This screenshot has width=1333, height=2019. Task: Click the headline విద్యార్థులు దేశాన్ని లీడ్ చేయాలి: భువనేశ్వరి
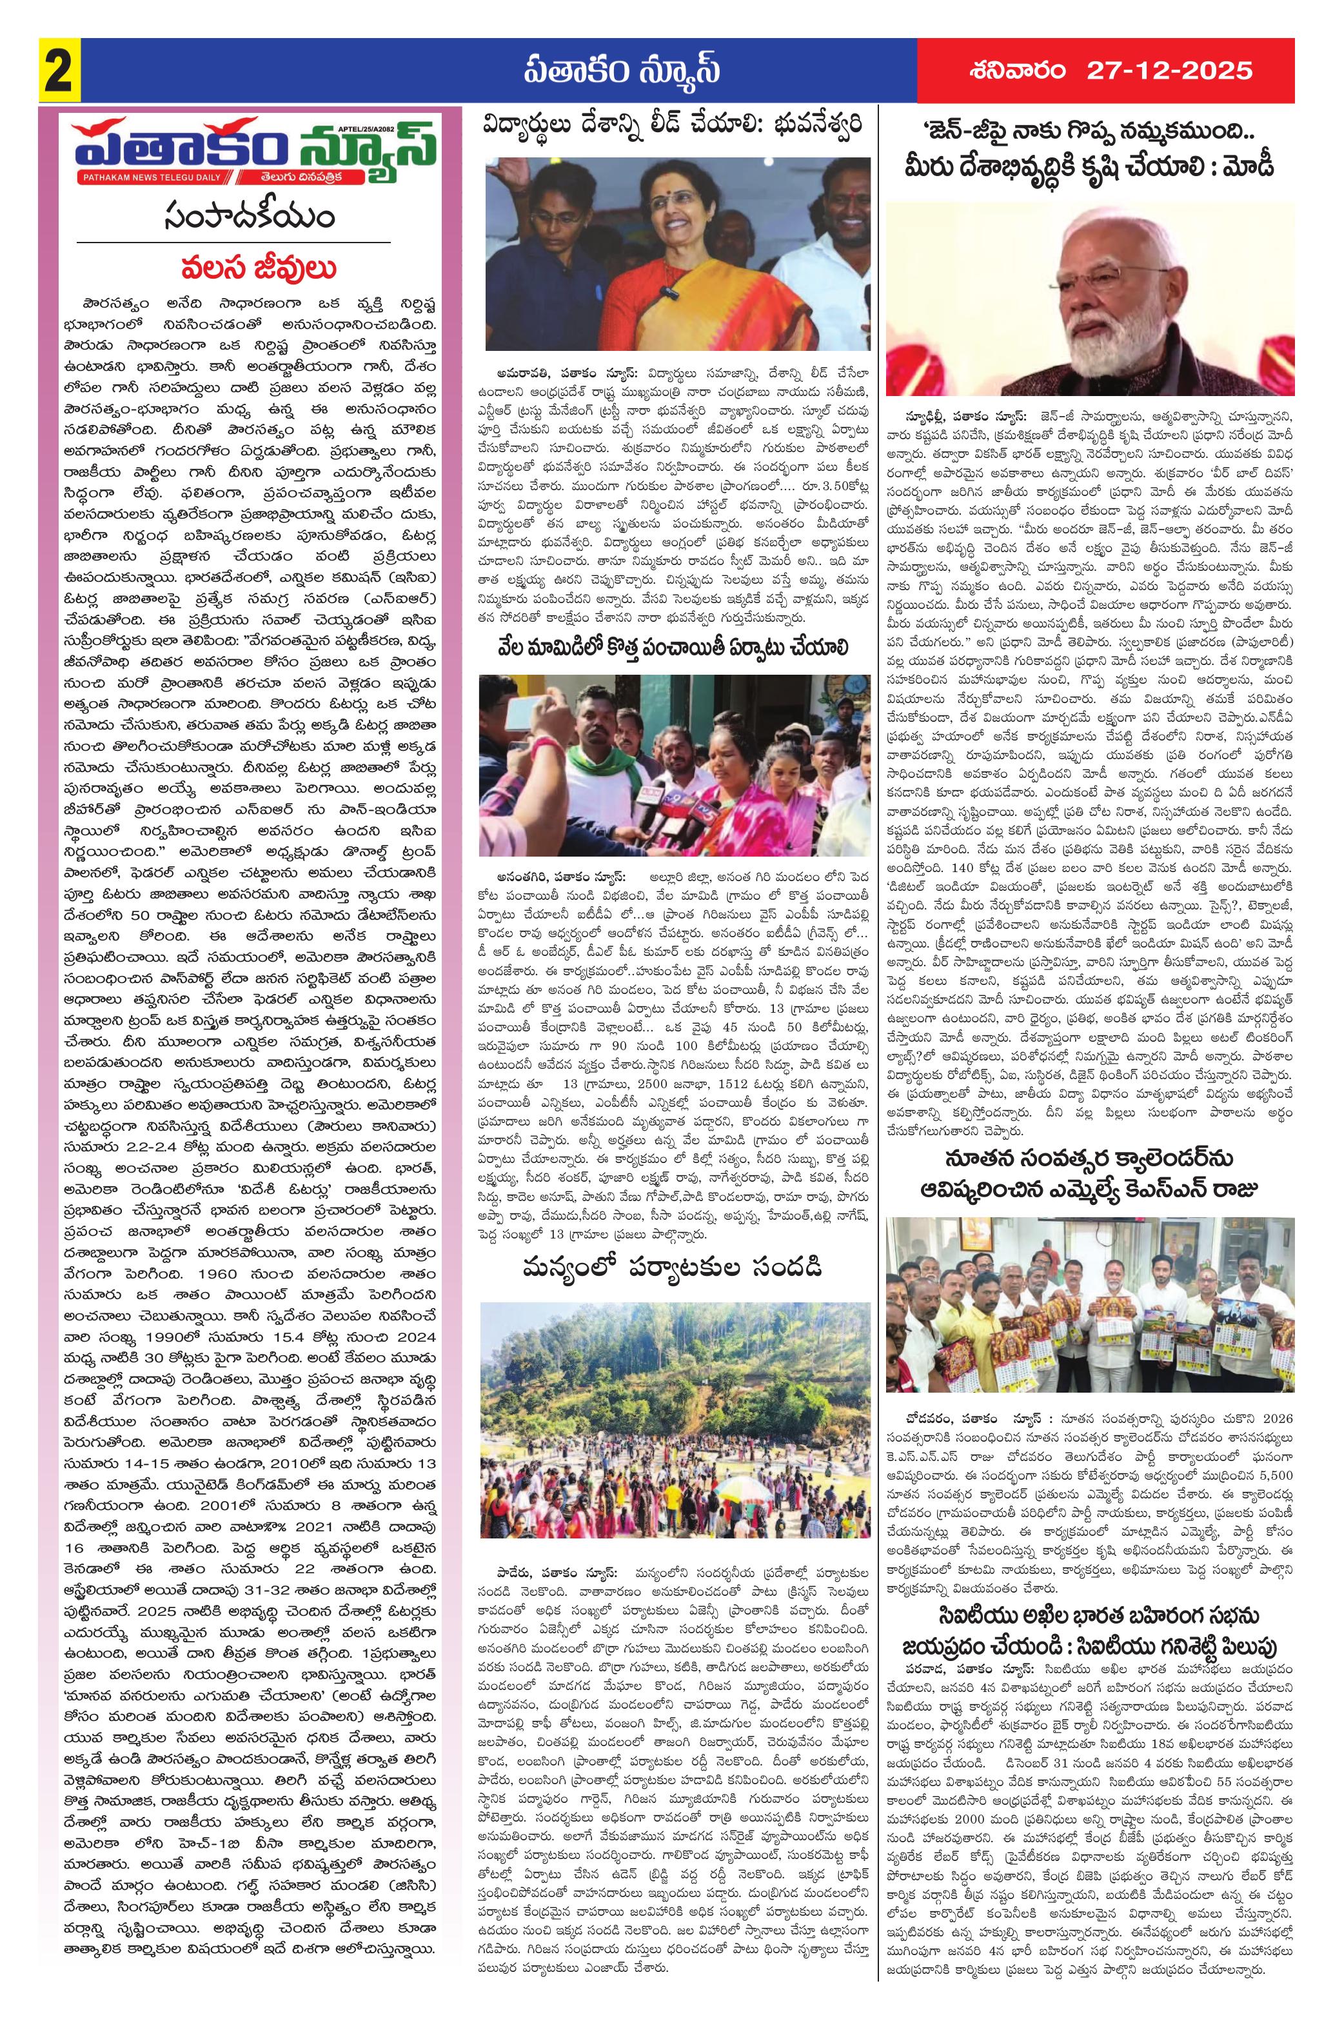click(x=675, y=129)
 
